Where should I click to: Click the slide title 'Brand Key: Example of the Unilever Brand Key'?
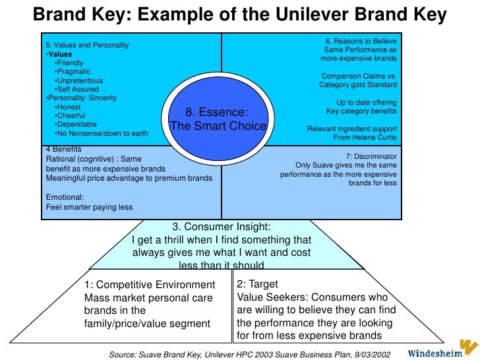240,14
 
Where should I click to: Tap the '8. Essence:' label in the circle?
218,112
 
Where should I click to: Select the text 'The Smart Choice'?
218,126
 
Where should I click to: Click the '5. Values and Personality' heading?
87,45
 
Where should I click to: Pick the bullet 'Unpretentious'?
80,80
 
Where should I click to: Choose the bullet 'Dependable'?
76,124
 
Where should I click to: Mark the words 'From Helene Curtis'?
365,138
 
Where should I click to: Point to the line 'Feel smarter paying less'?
89,207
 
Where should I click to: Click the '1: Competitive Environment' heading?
150,285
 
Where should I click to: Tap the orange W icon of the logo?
467,347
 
